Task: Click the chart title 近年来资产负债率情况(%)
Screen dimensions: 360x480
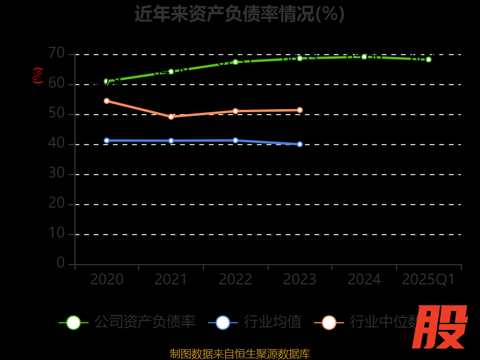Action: (x=239, y=14)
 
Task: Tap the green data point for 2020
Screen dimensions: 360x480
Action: (x=106, y=81)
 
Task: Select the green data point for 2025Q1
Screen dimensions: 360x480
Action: (x=428, y=59)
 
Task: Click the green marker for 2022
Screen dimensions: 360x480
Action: (x=235, y=62)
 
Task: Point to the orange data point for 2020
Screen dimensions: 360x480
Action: (x=106, y=101)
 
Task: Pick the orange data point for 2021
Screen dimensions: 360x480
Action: (x=171, y=116)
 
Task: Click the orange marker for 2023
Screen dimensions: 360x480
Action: (x=299, y=110)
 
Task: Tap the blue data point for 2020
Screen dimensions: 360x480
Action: (x=106, y=140)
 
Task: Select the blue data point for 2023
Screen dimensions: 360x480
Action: (x=299, y=144)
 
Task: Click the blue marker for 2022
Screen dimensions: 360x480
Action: (x=235, y=140)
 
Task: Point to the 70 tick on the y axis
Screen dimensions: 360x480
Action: (x=56, y=53)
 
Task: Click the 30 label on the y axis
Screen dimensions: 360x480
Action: (x=56, y=173)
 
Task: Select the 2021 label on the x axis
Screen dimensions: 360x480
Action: (x=171, y=280)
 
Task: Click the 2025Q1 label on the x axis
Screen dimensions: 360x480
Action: (x=428, y=280)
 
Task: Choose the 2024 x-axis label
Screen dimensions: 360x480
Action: (x=364, y=280)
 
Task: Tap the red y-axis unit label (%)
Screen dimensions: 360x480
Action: (x=38, y=76)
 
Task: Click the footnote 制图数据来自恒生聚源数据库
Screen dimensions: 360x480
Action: (x=239, y=353)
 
